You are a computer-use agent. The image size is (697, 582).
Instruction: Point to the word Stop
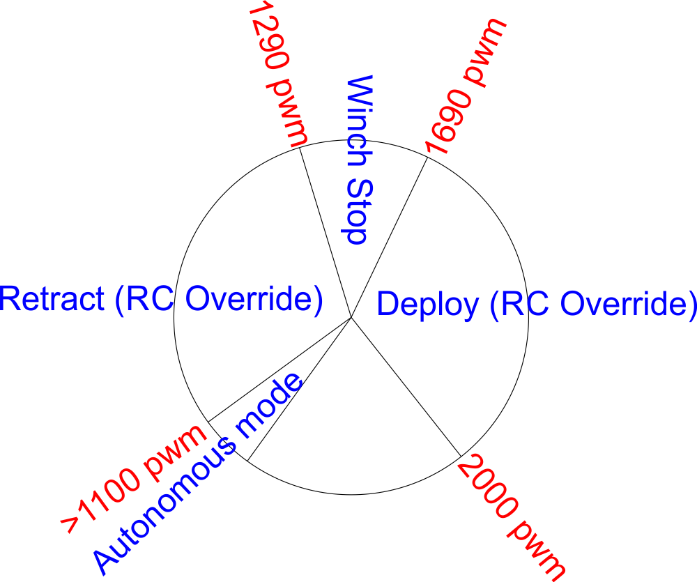click(x=355, y=209)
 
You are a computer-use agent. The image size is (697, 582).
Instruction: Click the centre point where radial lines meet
click(x=351, y=318)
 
